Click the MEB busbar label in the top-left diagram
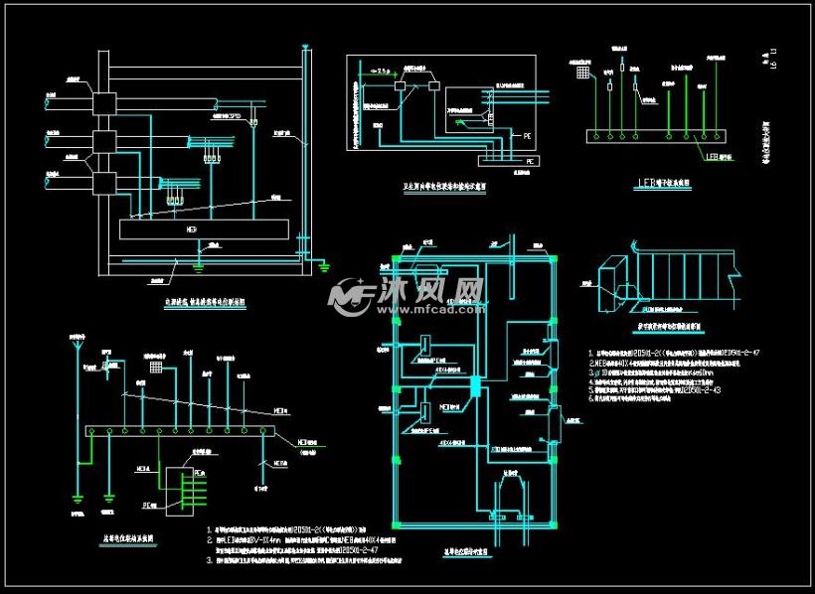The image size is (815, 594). tap(191, 228)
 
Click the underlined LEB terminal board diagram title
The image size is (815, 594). tap(657, 183)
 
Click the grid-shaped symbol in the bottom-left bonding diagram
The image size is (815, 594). tap(155, 367)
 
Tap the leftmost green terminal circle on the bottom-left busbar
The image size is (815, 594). tap(92, 430)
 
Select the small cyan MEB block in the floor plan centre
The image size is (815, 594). tap(475, 386)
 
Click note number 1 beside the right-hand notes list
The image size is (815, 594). tap(589, 354)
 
